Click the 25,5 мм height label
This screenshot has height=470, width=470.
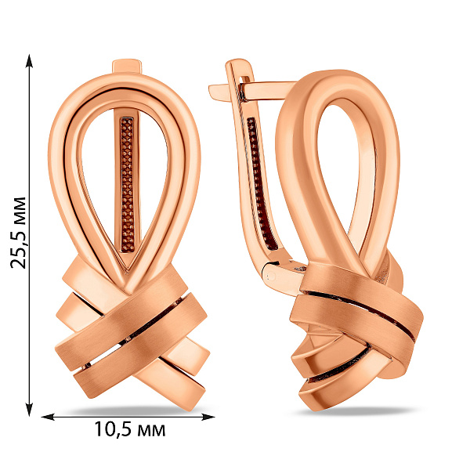point(18,233)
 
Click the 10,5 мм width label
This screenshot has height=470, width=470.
point(130,429)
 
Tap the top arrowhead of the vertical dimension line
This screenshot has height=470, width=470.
point(29,61)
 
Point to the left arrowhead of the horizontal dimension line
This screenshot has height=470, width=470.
point(48,417)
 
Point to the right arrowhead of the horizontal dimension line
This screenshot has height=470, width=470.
point(208,417)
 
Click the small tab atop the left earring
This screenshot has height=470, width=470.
point(126,66)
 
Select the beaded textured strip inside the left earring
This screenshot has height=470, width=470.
point(128,185)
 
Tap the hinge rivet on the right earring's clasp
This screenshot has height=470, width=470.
point(271,276)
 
